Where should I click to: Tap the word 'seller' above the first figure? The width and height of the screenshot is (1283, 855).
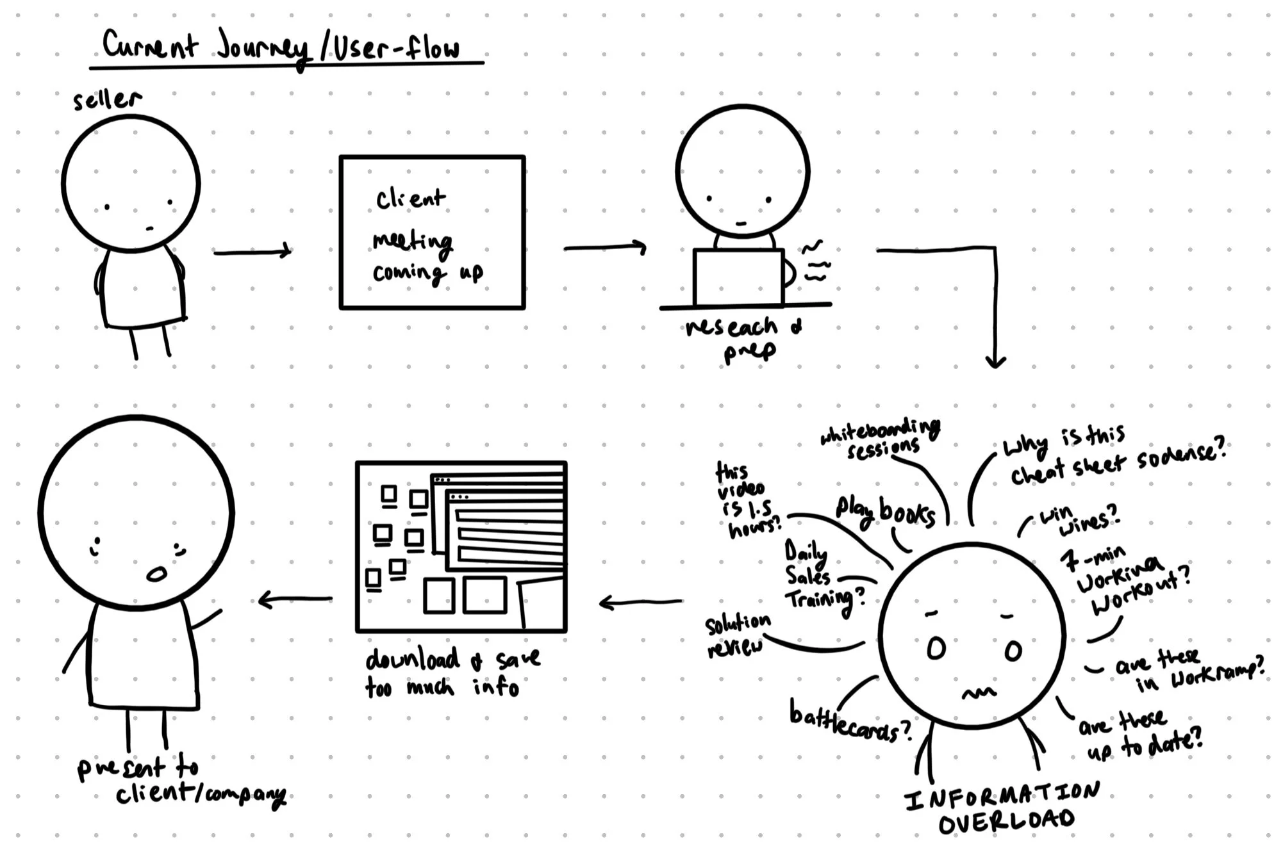106,100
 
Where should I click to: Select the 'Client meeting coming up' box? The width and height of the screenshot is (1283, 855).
432,232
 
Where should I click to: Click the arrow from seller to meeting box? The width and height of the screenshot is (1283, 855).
252,252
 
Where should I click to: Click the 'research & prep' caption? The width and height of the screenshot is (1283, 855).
743,338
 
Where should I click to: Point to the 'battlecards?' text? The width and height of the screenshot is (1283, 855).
849,722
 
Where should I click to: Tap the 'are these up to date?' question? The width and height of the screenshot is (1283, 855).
1141,735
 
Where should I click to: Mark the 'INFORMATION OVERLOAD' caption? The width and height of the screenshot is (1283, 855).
1003,808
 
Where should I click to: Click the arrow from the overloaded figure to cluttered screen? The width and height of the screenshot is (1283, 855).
641,602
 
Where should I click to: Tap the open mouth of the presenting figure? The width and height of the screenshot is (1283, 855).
156,574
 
